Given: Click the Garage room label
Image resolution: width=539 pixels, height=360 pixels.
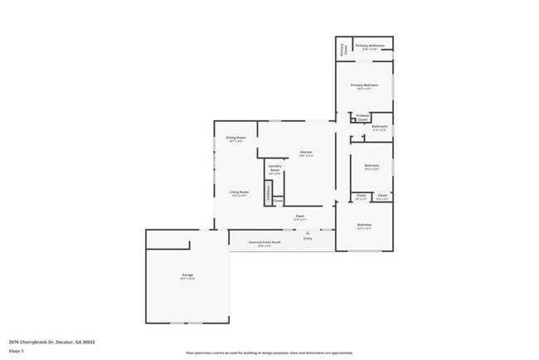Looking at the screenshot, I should [x=187, y=275].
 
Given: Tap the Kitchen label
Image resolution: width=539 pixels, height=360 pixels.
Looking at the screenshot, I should [x=306, y=153].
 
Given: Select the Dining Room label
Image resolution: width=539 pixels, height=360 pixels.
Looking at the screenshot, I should [x=236, y=139].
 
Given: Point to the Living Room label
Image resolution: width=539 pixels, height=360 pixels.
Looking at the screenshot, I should [x=240, y=193].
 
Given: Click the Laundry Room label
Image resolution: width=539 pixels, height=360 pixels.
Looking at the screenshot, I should [x=275, y=169].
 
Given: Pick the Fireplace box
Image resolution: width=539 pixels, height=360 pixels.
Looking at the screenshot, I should [x=269, y=193].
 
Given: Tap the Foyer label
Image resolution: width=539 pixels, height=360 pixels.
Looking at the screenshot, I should [x=300, y=217].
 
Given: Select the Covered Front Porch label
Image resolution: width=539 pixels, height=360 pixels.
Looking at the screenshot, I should [x=265, y=243].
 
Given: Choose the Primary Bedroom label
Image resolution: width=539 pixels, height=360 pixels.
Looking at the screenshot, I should [x=364, y=85].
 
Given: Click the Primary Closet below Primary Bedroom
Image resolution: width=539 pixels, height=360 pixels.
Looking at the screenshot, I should [x=362, y=118].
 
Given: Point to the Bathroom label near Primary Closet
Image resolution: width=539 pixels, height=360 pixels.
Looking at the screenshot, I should [x=380, y=128].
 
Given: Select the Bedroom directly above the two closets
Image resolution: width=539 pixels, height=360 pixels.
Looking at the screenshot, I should [x=371, y=166].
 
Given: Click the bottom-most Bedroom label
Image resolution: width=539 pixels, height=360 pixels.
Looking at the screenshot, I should [x=364, y=226].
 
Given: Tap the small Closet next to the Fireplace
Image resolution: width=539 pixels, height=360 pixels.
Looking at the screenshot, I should [x=279, y=200].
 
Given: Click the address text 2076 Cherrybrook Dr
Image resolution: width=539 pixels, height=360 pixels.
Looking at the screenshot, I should [x=51, y=342].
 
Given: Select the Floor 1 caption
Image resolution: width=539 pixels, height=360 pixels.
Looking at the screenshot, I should [x=17, y=352].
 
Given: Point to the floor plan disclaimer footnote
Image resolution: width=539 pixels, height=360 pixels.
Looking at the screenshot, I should [x=269, y=353].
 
